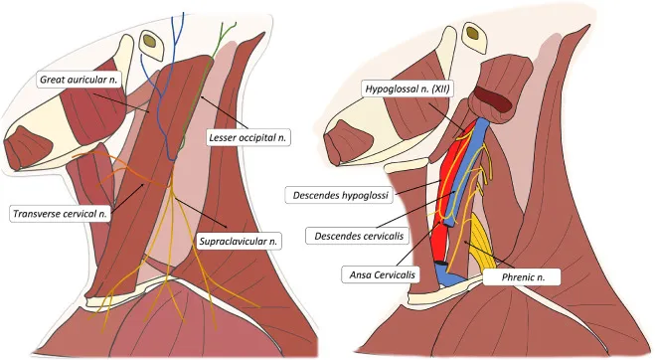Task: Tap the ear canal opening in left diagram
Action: tap(151, 42)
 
